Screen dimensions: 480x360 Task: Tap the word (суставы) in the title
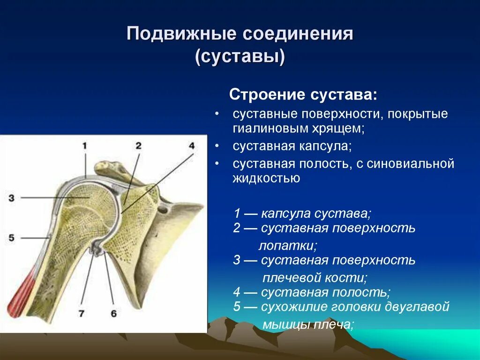[x=240, y=57]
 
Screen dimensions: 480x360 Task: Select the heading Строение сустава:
[x=303, y=95]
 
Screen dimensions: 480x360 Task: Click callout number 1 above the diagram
[x=85, y=146]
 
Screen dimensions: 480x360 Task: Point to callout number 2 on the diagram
[x=139, y=146]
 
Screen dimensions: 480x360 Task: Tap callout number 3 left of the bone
[x=11, y=198]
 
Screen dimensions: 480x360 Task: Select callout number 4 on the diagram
[x=192, y=146]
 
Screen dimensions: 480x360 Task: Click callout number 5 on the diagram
[x=11, y=237]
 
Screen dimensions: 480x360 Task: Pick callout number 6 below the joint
[x=113, y=314]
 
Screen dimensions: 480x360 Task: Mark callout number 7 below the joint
[x=82, y=314]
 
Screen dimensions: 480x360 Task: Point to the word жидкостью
[x=266, y=178]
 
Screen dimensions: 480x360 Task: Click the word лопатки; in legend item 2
[x=288, y=246]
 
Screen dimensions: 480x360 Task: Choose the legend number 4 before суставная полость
[x=237, y=292]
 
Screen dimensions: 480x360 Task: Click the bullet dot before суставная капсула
[x=217, y=146]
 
